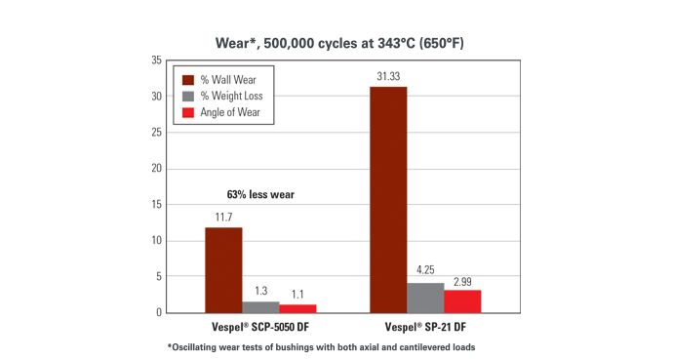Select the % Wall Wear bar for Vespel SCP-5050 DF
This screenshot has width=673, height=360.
tap(223, 270)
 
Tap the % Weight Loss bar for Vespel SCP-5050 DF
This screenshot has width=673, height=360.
tap(260, 307)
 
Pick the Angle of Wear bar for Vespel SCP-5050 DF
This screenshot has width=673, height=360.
tap(297, 308)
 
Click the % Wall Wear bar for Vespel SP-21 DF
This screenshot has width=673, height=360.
tap(388, 200)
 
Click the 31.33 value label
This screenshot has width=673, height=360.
tap(388, 76)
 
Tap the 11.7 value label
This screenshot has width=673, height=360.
tap(223, 218)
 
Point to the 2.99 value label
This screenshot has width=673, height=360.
tap(462, 281)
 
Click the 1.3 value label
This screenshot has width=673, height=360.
tap(260, 292)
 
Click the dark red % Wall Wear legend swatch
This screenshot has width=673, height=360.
tap(186, 78)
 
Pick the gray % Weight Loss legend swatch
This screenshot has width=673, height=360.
tap(186, 96)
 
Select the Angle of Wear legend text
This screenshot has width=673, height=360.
tap(232, 113)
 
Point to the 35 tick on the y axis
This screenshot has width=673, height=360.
tap(156, 60)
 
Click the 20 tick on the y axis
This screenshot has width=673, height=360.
tap(156, 169)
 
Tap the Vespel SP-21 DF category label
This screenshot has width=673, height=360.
tap(425, 328)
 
